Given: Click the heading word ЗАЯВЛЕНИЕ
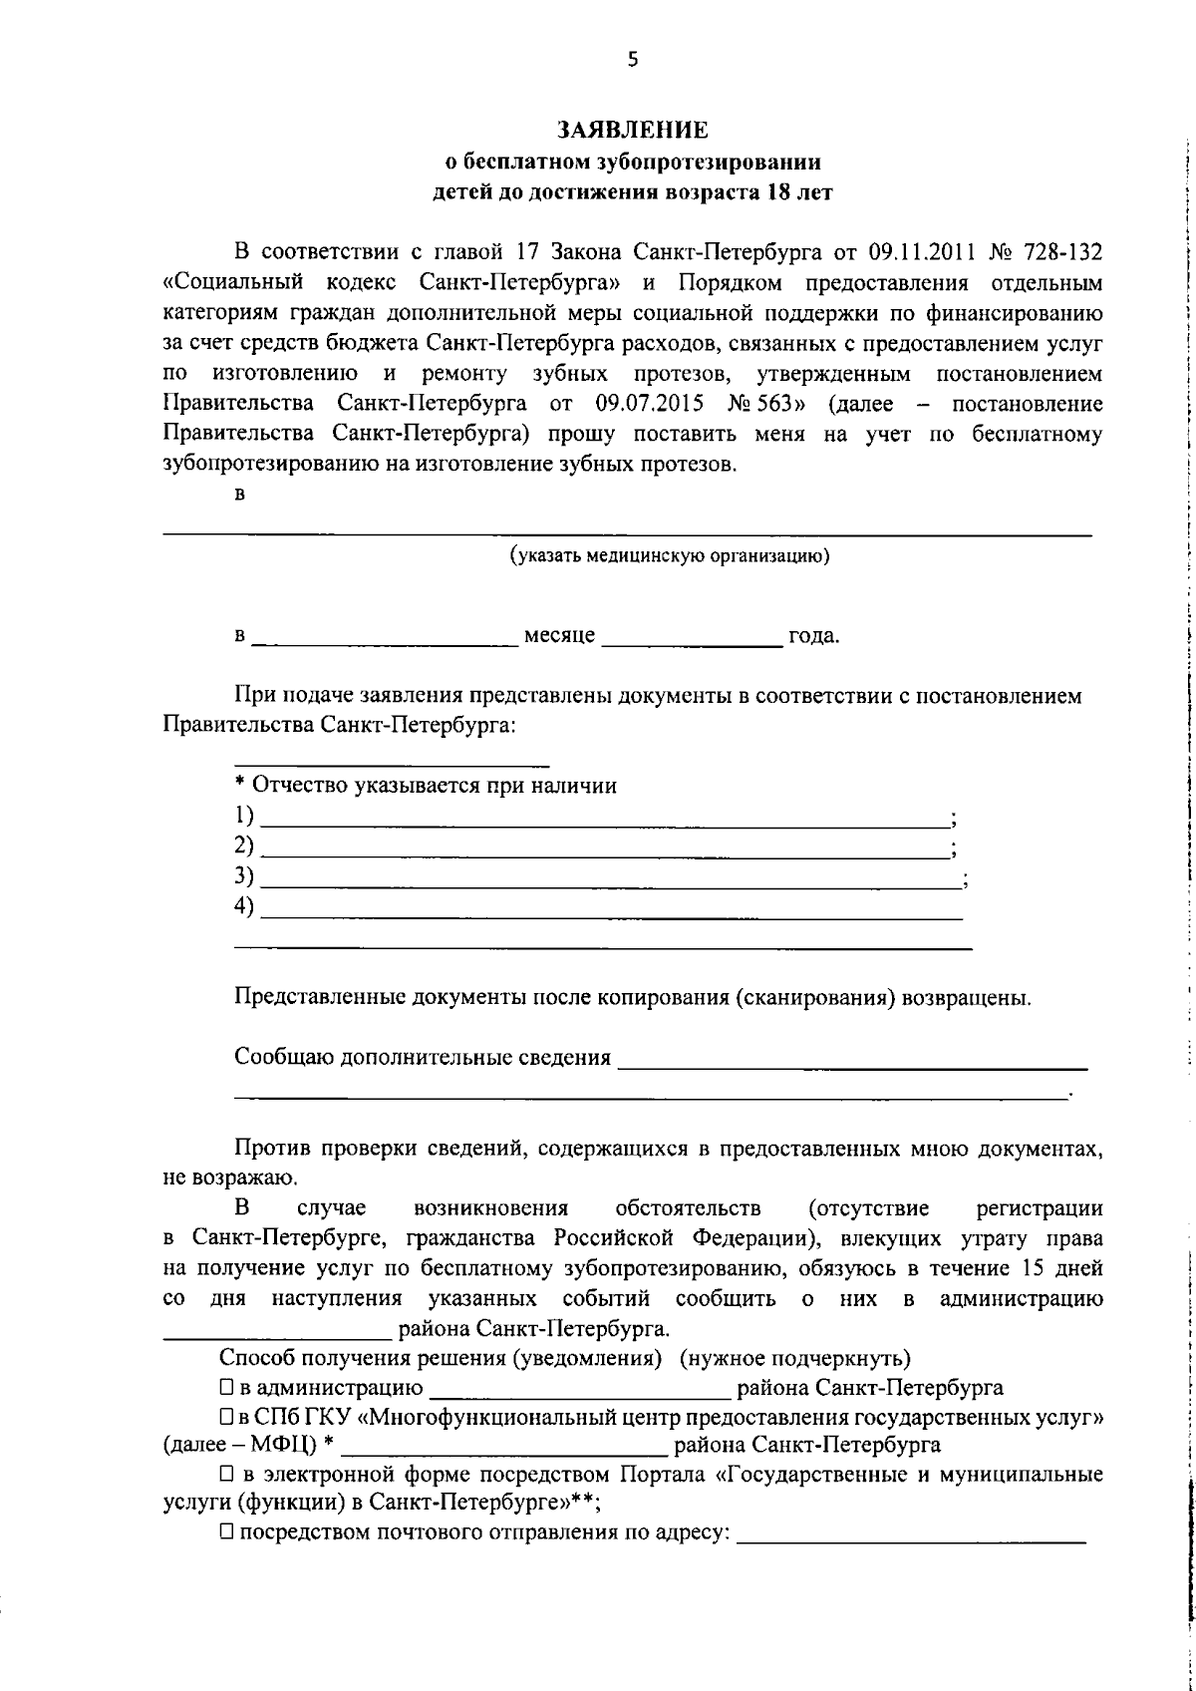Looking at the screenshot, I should (x=632, y=130).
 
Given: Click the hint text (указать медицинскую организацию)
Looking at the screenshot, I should (x=670, y=556).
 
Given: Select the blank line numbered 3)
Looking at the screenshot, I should (x=608, y=879).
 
